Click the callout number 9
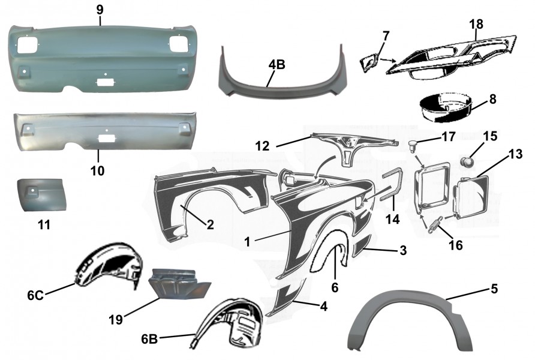[100, 10]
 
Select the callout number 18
[476, 23]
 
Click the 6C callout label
[34, 295]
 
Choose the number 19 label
[117, 319]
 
